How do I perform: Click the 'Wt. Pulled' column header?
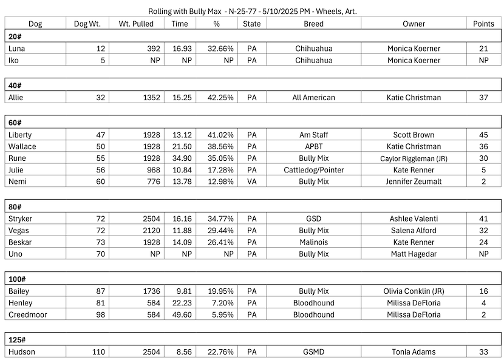136,24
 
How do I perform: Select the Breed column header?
313,24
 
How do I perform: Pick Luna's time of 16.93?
181,48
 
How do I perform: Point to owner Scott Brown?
414,134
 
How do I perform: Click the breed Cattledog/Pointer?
313,169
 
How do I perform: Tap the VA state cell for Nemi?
252,181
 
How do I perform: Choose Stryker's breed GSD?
313,219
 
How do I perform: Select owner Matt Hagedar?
414,254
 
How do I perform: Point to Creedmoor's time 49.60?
181,314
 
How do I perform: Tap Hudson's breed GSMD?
313,352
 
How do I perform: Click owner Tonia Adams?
414,352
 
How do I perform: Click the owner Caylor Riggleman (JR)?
414,158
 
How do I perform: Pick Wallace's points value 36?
483,146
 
